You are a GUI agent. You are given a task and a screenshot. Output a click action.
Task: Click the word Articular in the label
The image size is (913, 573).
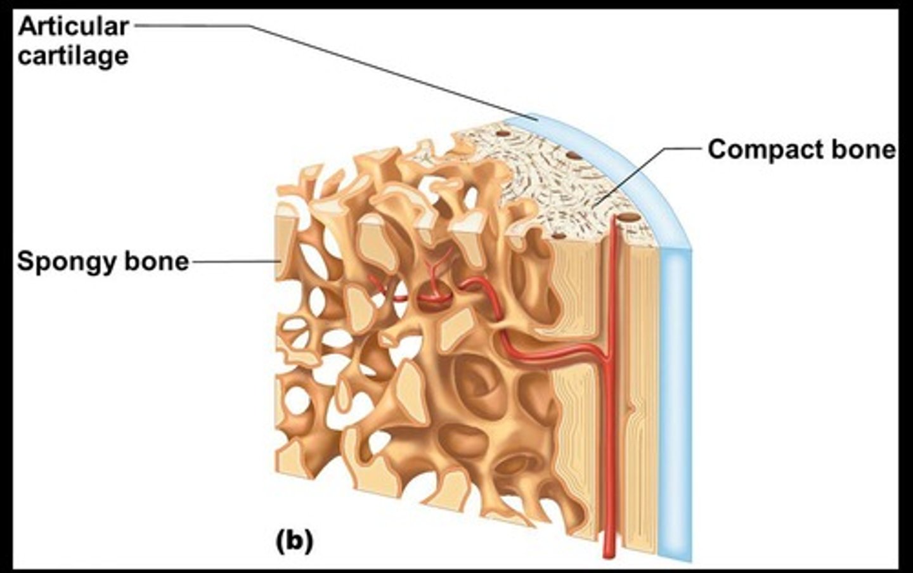click(x=74, y=26)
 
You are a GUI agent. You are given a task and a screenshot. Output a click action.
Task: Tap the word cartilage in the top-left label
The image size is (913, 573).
click(x=74, y=56)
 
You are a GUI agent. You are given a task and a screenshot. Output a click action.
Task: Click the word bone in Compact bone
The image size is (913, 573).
click(x=865, y=150)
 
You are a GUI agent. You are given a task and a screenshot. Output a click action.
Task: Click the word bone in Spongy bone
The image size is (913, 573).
click(x=158, y=261)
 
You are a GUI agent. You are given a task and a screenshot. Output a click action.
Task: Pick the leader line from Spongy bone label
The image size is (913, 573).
click(x=235, y=261)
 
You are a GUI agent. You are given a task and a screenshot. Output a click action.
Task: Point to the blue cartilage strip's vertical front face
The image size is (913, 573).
click(x=674, y=406)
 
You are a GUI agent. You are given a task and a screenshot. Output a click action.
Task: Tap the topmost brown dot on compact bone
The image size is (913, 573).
click(x=504, y=134)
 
